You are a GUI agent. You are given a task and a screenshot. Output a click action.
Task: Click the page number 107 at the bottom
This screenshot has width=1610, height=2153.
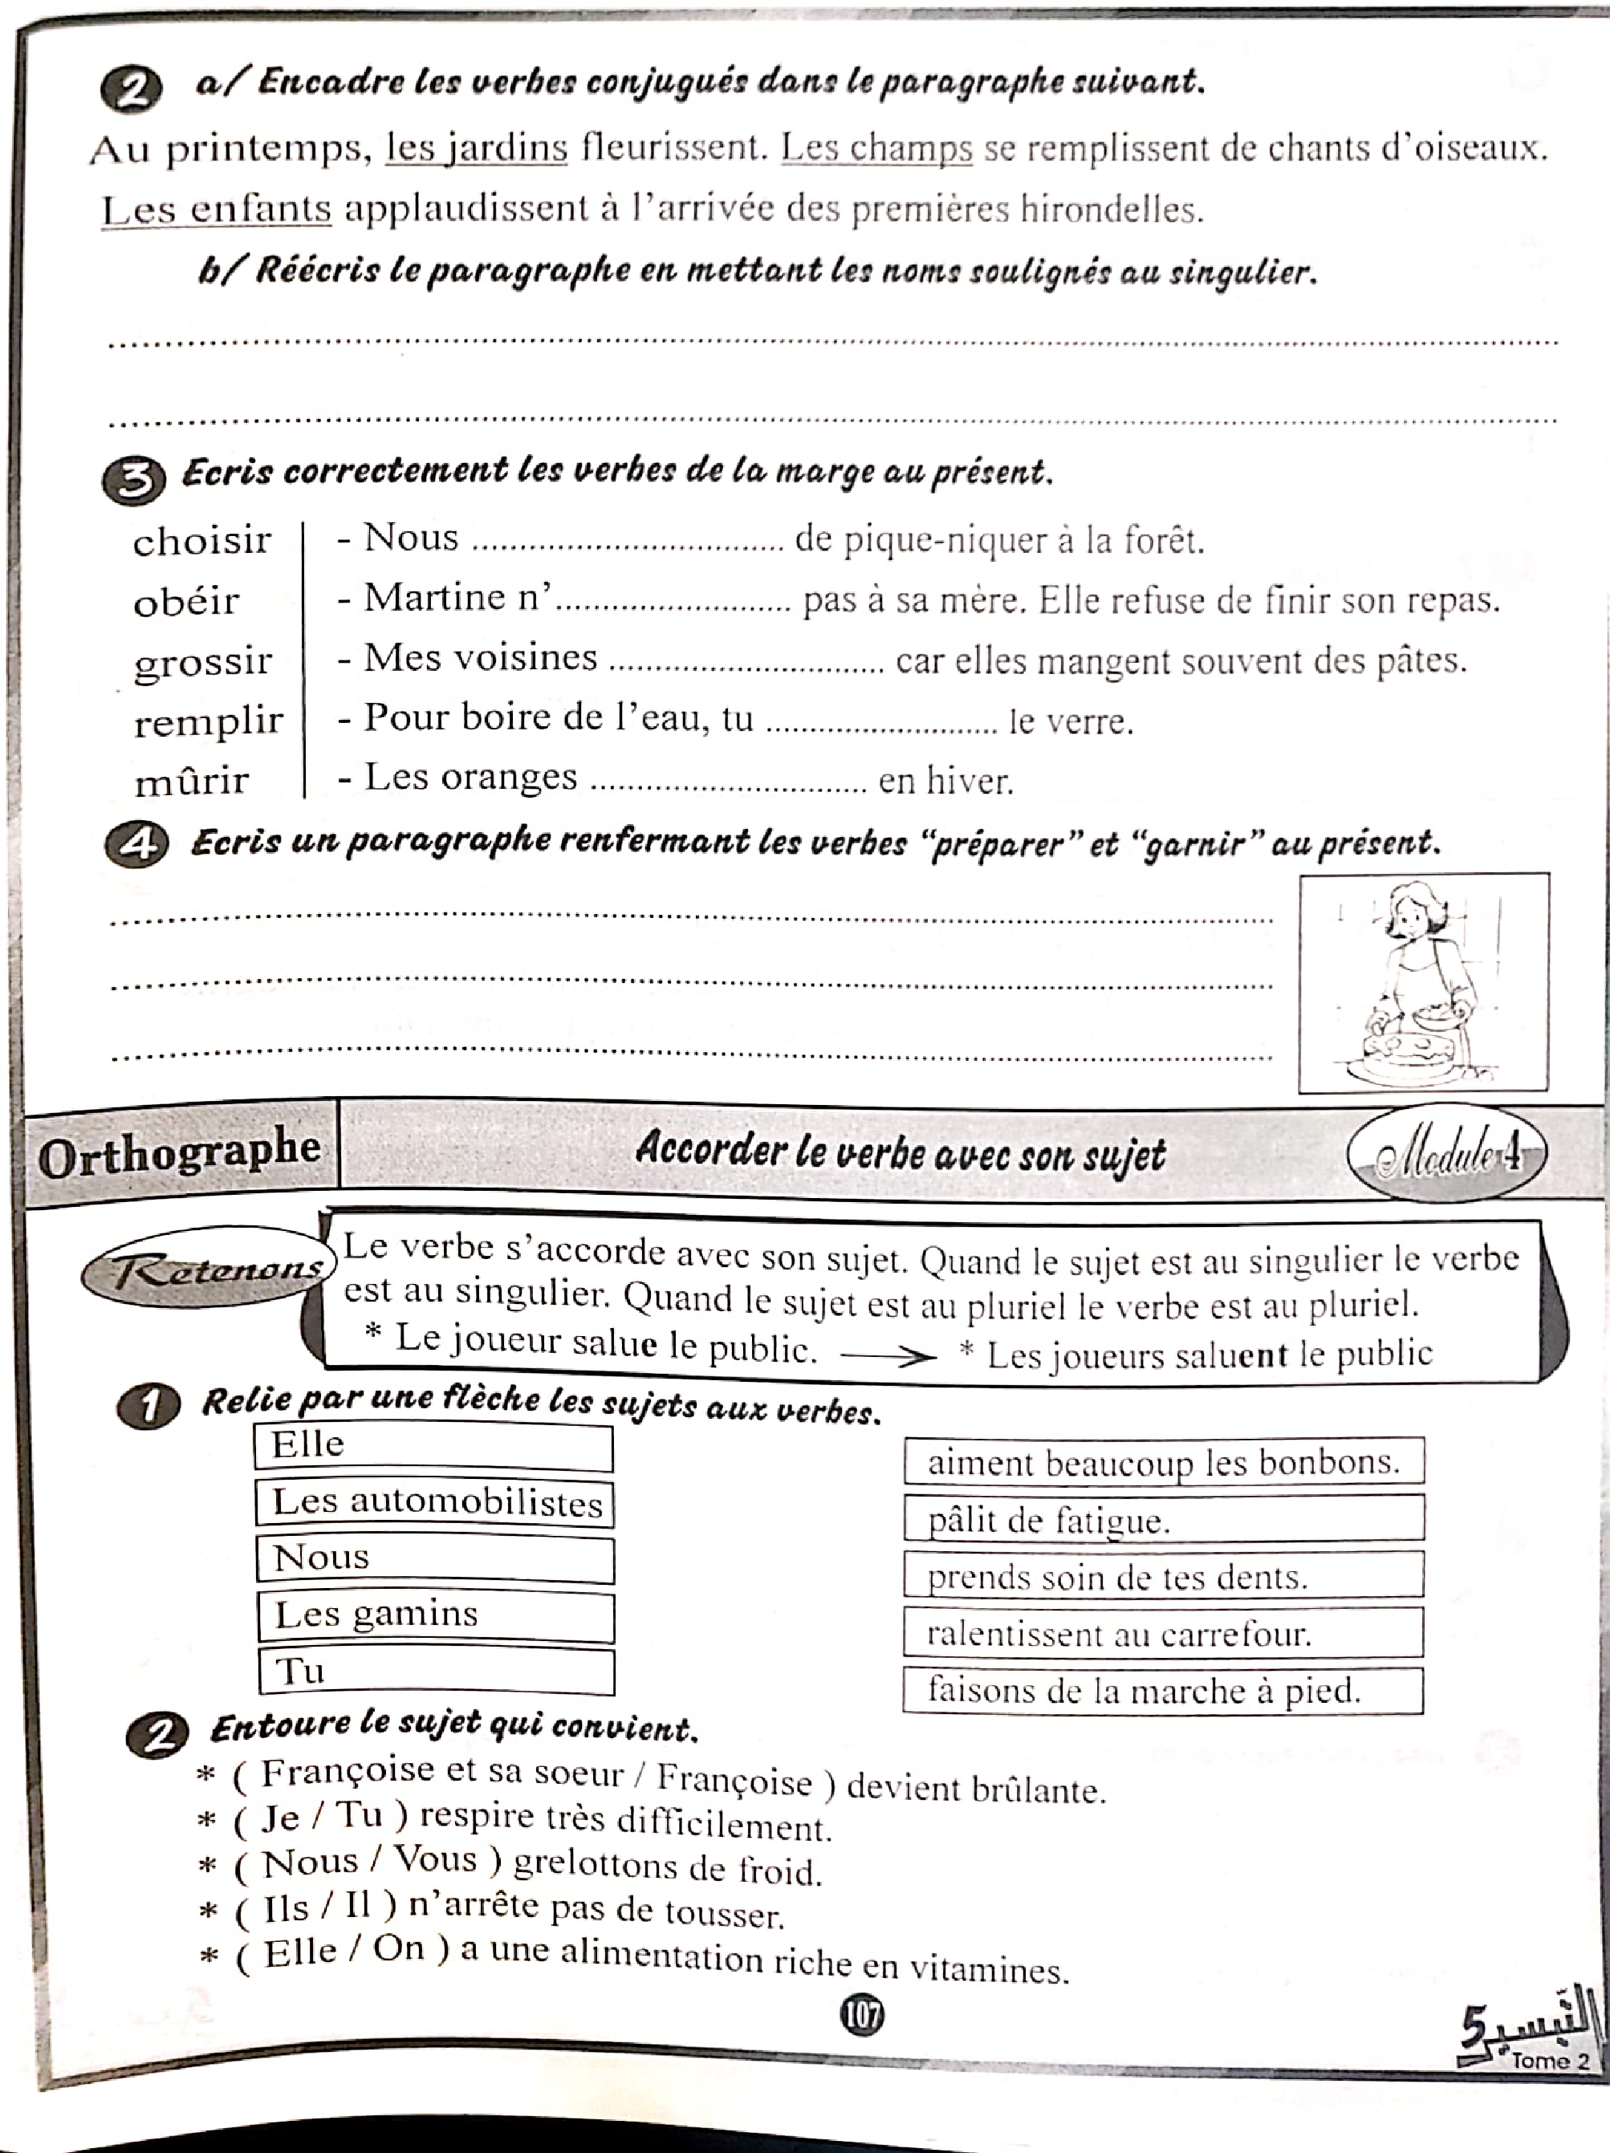point(861,2013)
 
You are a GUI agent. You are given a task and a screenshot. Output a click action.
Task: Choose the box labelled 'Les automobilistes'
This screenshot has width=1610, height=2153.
point(434,1503)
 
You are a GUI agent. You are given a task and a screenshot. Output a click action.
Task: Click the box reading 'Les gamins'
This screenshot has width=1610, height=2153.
point(435,1615)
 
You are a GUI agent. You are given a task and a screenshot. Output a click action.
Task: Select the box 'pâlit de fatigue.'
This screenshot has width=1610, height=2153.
point(1163,1519)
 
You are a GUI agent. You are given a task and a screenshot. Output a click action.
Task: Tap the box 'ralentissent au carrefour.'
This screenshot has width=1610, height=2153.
point(1163,1633)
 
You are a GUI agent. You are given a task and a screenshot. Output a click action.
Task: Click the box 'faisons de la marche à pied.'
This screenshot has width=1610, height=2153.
point(1163,1690)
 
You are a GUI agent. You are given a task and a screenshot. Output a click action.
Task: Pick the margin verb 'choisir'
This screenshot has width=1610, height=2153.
point(201,541)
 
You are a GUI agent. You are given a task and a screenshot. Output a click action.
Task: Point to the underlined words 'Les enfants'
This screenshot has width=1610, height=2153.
point(216,209)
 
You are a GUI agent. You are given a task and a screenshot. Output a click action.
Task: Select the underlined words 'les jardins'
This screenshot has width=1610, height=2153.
point(476,149)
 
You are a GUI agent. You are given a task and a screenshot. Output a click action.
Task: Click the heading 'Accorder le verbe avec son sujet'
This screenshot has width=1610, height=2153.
point(901,1153)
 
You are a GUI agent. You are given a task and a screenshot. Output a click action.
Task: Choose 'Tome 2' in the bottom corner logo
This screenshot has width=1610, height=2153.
point(1550,2061)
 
